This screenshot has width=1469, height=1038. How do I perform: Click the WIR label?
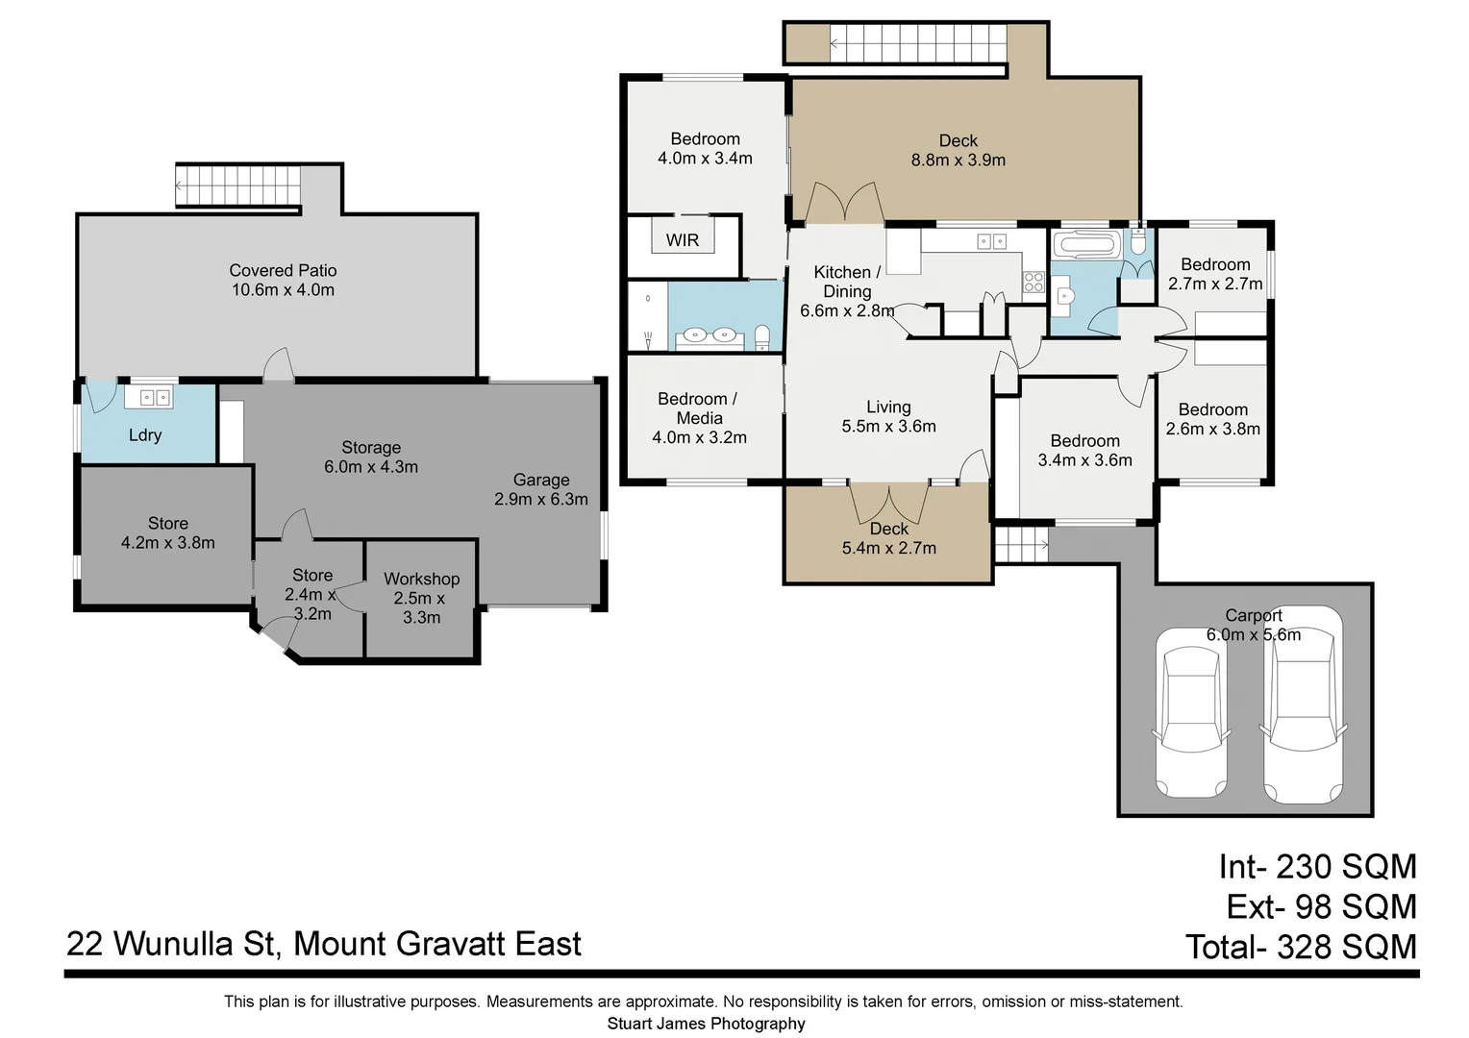pyautogui.click(x=683, y=240)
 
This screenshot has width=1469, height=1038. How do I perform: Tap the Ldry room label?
pyautogui.click(x=145, y=435)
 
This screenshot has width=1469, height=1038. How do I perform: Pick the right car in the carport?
pyautogui.click(x=1302, y=706)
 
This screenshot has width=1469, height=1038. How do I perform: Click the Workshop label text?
pyautogui.click(x=421, y=579)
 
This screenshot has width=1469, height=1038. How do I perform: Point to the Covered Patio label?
pyautogui.click(x=283, y=271)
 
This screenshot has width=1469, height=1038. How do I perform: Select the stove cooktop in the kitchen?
pyautogui.click(x=1033, y=282)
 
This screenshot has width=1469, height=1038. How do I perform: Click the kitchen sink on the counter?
pyautogui.click(x=991, y=242)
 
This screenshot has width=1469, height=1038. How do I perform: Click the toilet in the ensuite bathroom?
pyautogui.click(x=762, y=337)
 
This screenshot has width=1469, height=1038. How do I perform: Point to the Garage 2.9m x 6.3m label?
pyautogui.click(x=540, y=489)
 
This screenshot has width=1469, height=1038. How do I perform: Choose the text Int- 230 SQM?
pyautogui.click(x=1317, y=867)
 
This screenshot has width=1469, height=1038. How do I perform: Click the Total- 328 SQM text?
pyautogui.click(x=1301, y=948)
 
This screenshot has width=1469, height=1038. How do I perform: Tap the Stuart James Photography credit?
pyautogui.click(x=706, y=1024)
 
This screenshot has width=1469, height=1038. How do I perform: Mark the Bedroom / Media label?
pyautogui.click(x=698, y=408)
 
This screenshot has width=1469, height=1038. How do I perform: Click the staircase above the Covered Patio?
pyautogui.click(x=238, y=185)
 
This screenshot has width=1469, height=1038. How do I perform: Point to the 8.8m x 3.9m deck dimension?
pyautogui.click(x=958, y=161)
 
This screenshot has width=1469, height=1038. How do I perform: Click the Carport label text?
pyautogui.click(x=1253, y=615)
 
